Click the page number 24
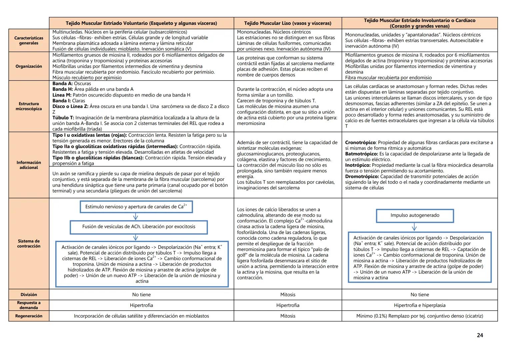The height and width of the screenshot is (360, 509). (x=480, y=335)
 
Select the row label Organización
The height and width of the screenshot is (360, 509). (x=29, y=66)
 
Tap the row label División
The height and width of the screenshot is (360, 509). (x=29, y=295)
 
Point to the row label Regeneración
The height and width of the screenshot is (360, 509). (x=29, y=316)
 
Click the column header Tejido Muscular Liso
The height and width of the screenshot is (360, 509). (x=288, y=23)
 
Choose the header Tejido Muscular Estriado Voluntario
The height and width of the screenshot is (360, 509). (x=141, y=23)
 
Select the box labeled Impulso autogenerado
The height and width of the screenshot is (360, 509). (x=415, y=215)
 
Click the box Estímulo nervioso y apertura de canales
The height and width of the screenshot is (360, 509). (x=136, y=207)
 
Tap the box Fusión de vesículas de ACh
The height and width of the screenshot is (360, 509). (x=139, y=227)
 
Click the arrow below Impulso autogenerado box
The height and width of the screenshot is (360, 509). (x=414, y=227)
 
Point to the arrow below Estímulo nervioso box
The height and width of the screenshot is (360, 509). (x=135, y=217)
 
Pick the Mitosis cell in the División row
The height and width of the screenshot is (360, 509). (x=288, y=295)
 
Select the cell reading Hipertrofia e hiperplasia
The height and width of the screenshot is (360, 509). (x=419, y=305)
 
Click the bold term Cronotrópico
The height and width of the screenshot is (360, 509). (x=360, y=143)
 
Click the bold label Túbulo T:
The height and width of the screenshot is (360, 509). (x=63, y=118)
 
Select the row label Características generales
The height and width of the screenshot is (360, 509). (x=29, y=41)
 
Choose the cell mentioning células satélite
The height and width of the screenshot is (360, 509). (x=141, y=316)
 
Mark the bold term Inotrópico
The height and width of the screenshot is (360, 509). (x=358, y=165)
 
